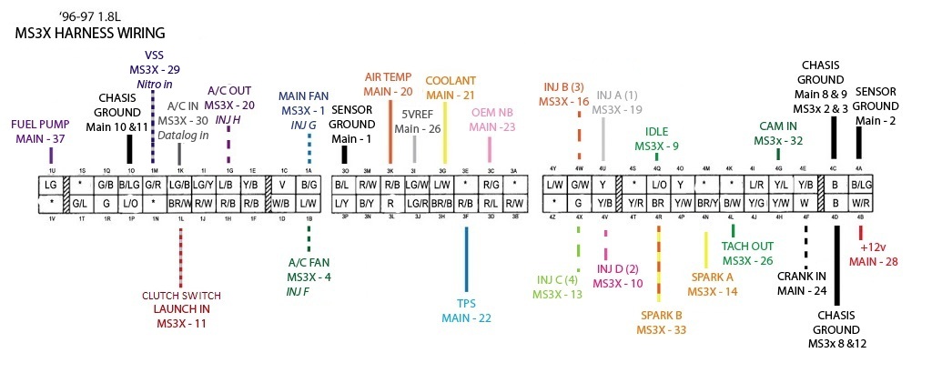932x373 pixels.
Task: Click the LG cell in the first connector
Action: click(x=51, y=185)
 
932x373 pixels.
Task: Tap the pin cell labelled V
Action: click(x=282, y=185)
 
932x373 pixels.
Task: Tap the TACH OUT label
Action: click(x=747, y=246)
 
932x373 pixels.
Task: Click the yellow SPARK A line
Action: click(x=705, y=249)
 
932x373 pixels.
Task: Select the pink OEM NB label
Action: click(x=492, y=112)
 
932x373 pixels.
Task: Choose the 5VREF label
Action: click(x=418, y=115)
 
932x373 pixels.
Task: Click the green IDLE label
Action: click(x=656, y=132)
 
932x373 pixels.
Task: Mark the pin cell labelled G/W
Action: click(x=579, y=185)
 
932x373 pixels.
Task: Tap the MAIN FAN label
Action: click(x=303, y=96)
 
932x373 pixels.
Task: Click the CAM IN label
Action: click(x=778, y=126)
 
